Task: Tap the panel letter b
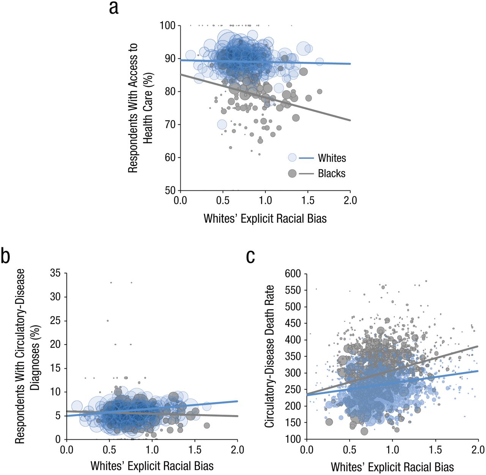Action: pyautogui.click(x=5, y=256)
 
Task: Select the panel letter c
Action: pyautogui.click(x=251, y=256)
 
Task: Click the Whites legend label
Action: pyautogui.click(x=332, y=158)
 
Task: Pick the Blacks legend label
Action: pyautogui.click(x=332, y=173)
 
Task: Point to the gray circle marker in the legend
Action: pyautogui.click(x=292, y=173)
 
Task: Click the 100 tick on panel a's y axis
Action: pyautogui.click(x=167, y=25)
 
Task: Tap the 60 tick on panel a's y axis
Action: pyautogui.click(x=170, y=157)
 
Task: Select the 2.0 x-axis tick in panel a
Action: pyautogui.click(x=350, y=200)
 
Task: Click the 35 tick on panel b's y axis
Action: pyautogui.click(x=55, y=273)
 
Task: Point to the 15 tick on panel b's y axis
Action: pyautogui.click(x=55, y=368)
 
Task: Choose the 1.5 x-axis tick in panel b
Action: pyautogui.click(x=195, y=450)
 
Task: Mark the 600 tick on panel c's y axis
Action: pyautogui.click(x=293, y=274)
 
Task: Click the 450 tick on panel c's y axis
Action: pyautogui.click(x=293, y=323)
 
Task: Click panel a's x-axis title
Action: pyautogui.click(x=265, y=219)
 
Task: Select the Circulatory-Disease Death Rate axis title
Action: pyautogui.click(x=270, y=356)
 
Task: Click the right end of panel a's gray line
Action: pyautogui.click(x=350, y=120)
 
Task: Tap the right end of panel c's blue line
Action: pyautogui.click(x=478, y=371)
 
